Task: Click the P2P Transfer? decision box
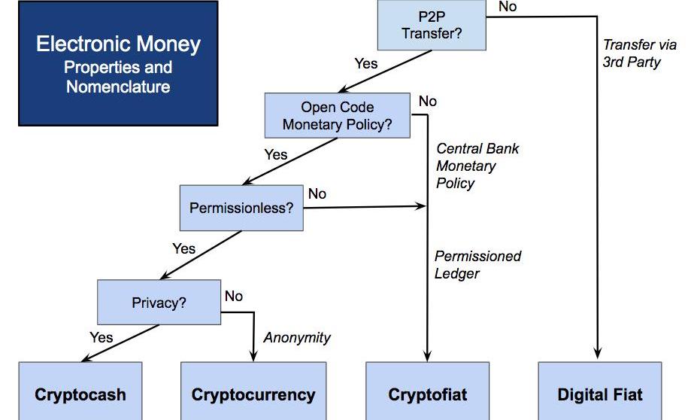click(432, 26)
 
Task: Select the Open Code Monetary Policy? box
click(337, 116)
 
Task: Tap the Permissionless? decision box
click(241, 207)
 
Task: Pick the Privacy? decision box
click(159, 303)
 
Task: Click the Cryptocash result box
click(80, 394)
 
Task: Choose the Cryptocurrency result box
click(253, 394)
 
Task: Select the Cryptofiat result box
click(427, 394)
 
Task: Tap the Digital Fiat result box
click(600, 394)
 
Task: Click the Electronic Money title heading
click(118, 44)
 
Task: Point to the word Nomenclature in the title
click(118, 87)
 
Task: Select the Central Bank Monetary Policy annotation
click(477, 165)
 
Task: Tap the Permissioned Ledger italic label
click(477, 265)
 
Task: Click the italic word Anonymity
click(296, 337)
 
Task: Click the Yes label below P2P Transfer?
click(365, 63)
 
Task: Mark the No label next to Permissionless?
click(317, 194)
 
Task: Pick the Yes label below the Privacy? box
click(101, 337)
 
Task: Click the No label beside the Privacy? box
click(234, 297)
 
